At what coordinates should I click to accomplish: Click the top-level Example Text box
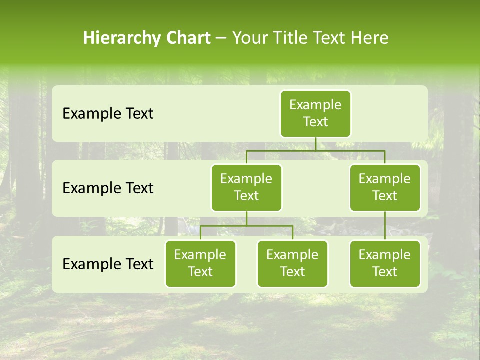point(315,114)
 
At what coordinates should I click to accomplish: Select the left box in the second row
point(246,187)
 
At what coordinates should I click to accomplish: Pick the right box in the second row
point(385,187)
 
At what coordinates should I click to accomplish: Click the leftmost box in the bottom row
point(200,263)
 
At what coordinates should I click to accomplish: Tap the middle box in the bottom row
point(292,263)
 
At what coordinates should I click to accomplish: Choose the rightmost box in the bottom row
point(385,263)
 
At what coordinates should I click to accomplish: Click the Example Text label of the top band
point(108,114)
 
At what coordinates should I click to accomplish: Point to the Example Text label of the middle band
point(108,188)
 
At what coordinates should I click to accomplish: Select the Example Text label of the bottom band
point(108,264)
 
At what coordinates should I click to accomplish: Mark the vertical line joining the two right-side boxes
point(385,226)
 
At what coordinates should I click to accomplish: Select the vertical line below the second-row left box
point(246,218)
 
